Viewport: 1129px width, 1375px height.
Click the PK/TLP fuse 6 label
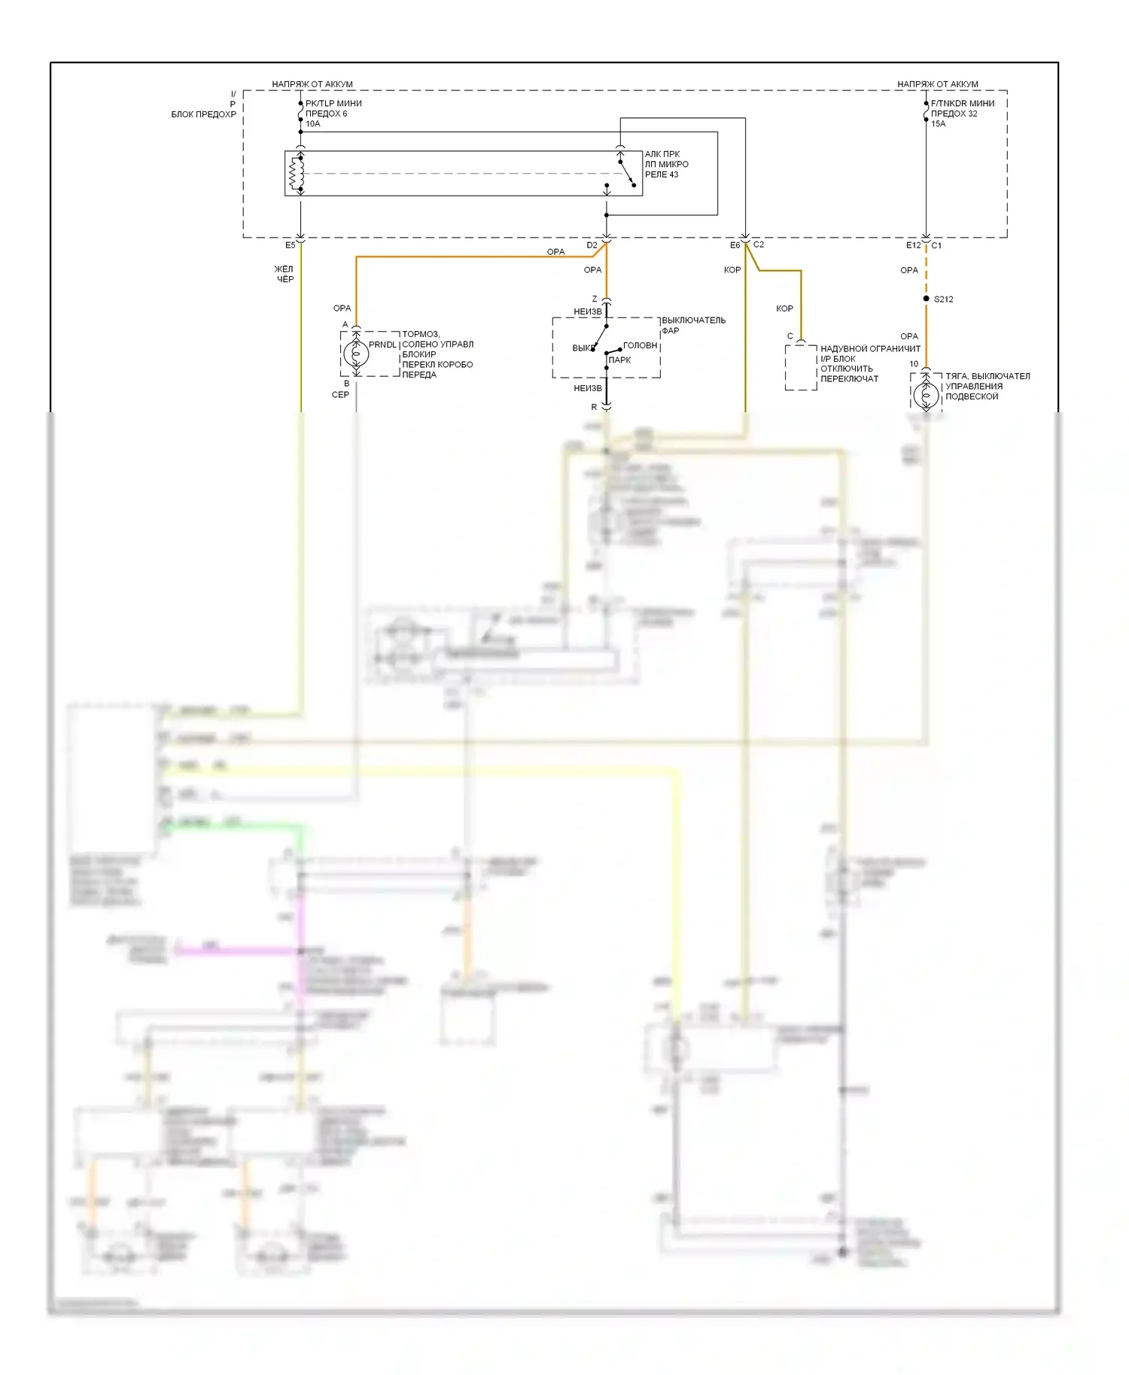coord(333,114)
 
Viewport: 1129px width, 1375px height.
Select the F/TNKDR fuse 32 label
coord(962,114)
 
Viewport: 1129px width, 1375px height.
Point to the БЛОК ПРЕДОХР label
coord(204,114)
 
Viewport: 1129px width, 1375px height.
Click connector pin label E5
coord(290,245)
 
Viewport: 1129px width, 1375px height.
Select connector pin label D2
coord(592,245)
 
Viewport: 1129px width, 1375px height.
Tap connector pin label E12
coord(912,245)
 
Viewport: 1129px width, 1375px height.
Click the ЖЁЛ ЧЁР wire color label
coord(284,274)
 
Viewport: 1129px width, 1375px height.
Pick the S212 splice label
coord(943,299)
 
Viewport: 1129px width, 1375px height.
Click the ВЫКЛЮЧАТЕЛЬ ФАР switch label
coord(693,325)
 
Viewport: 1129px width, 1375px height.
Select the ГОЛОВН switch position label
coord(641,345)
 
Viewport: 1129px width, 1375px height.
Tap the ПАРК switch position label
coord(619,360)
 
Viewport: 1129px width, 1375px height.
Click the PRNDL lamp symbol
coord(356,354)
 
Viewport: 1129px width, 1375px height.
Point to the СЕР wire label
coord(340,394)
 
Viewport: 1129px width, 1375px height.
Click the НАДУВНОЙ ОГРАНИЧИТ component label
coord(870,349)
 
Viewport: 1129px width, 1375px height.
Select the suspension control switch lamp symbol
coord(926,393)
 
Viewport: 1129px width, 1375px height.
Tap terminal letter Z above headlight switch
coord(595,299)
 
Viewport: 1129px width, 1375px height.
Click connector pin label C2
coord(759,244)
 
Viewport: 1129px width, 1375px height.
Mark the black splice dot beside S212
coord(926,299)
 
